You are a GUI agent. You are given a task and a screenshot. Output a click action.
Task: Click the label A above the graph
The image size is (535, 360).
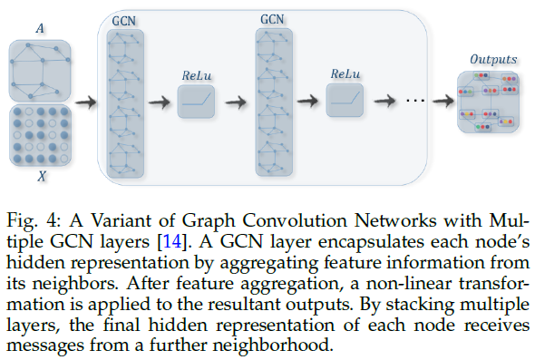[39, 28]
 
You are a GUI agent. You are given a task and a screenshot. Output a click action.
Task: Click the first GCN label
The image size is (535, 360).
[120, 19]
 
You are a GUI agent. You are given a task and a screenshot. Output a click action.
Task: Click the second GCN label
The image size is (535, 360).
[270, 18]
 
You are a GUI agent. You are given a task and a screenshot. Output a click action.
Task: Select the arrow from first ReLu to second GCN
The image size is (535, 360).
[234, 102]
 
